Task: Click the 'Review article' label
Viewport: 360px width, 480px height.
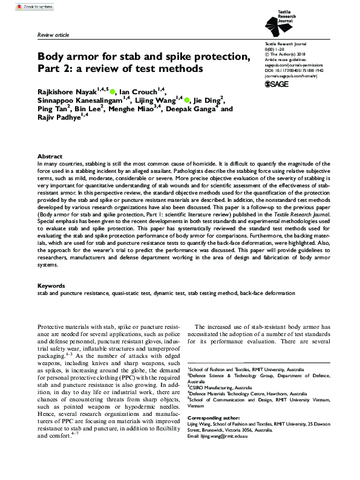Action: click(53, 36)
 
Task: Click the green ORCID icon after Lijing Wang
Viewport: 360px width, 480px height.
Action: click(188, 100)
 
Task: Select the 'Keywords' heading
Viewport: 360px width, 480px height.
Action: click(51, 285)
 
